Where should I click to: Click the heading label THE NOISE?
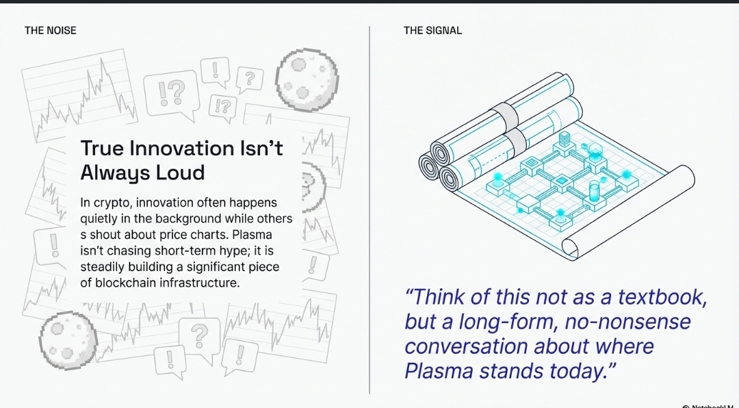pos(51,31)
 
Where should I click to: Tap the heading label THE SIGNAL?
pos(432,31)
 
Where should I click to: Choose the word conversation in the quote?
pos(466,346)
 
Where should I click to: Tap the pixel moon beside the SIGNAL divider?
pos(307,79)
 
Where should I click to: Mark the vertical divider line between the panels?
pos(369,210)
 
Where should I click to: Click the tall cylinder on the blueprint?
pos(595,192)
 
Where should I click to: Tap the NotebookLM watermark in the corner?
pos(710,406)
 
